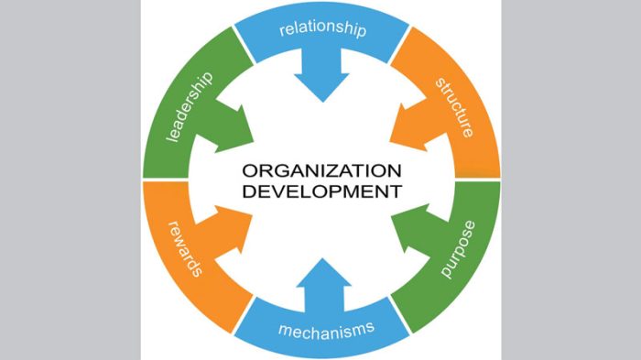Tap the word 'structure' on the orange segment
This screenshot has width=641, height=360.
click(x=455, y=108)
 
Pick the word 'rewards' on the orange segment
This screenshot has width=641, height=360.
click(x=186, y=249)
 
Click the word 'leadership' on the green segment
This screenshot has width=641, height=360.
click(x=190, y=108)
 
